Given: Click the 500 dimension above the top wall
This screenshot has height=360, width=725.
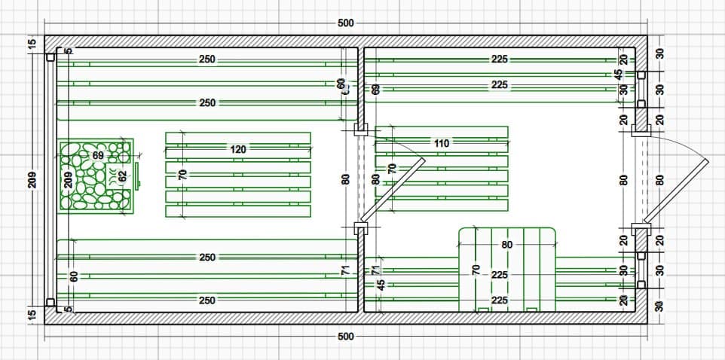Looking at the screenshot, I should (x=345, y=23).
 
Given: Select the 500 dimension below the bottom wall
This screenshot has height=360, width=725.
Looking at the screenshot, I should (x=345, y=337).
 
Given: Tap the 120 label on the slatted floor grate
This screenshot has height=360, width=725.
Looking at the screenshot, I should (x=237, y=150).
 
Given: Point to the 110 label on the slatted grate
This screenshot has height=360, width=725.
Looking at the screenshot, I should (x=441, y=143).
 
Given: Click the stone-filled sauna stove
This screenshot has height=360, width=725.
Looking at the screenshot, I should (x=96, y=175).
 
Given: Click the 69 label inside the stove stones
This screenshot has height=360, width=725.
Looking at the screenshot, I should (x=98, y=155).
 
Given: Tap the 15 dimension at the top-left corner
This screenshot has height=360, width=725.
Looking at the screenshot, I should (x=32, y=44).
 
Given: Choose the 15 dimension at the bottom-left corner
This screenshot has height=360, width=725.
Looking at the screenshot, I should (x=32, y=313).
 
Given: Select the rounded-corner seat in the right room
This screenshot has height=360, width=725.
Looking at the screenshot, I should (x=506, y=267).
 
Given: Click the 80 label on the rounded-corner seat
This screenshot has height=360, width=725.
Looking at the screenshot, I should (x=506, y=245).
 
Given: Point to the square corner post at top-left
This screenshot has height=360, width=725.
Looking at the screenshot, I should (x=50, y=56).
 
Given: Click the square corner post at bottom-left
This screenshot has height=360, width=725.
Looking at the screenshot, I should (x=50, y=303).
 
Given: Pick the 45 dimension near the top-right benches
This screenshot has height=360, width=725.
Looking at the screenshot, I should (x=619, y=75).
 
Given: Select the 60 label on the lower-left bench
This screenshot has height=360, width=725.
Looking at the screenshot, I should (x=74, y=276).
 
